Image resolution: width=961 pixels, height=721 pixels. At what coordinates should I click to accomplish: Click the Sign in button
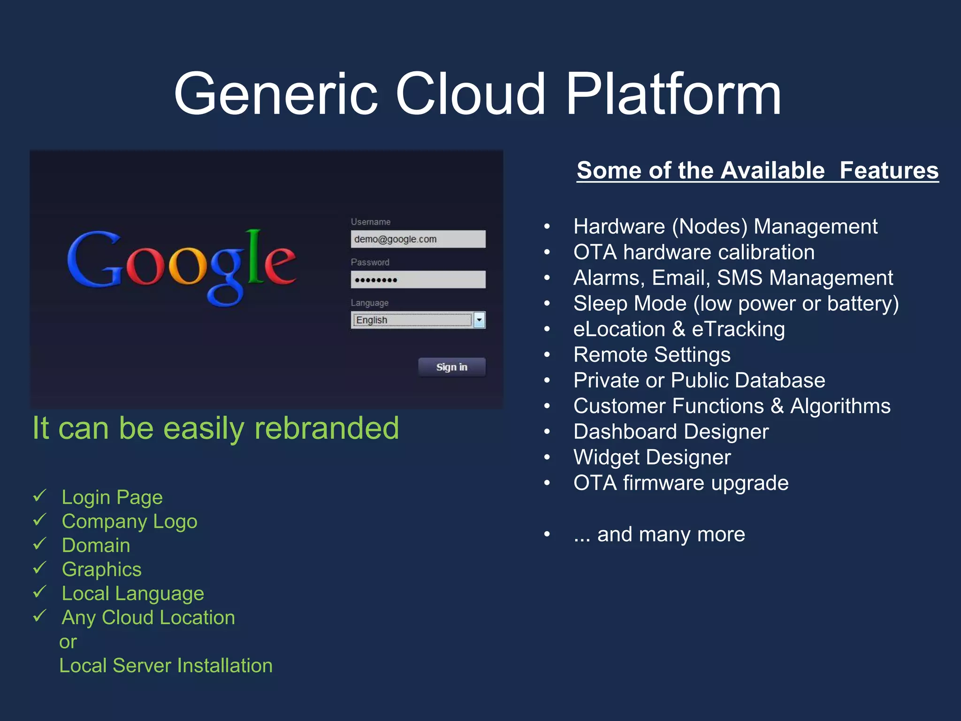[451, 367]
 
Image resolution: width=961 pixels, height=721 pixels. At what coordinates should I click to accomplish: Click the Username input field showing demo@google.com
[418, 239]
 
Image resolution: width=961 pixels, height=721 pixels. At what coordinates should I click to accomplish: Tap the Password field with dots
[418, 280]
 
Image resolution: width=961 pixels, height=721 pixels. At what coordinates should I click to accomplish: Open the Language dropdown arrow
[479, 320]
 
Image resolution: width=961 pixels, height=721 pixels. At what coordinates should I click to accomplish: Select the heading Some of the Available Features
[757, 170]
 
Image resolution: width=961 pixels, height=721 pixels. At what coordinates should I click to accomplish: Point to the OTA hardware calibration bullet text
[694, 252]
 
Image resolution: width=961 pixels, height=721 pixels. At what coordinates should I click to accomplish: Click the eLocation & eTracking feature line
[679, 329]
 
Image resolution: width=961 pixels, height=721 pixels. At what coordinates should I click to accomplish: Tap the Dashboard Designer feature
[671, 431]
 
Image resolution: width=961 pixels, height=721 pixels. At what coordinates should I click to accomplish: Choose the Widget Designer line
[652, 457]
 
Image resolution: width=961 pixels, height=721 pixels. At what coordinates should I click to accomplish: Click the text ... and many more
[659, 534]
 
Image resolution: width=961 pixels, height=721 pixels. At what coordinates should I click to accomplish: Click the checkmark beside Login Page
[40, 496]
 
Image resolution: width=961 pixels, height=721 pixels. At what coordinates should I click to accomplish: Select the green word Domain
[96, 545]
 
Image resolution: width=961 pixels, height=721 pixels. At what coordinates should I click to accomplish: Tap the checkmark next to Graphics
[40, 568]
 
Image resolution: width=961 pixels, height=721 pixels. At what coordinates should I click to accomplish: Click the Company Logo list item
[129, 522]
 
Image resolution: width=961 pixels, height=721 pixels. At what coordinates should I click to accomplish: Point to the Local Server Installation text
[166, 666]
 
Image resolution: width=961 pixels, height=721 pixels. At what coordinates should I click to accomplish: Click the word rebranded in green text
[326, 428]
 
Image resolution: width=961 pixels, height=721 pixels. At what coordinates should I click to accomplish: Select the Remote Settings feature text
[651, 355]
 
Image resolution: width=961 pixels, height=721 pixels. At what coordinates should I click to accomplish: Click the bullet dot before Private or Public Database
[547, 380]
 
